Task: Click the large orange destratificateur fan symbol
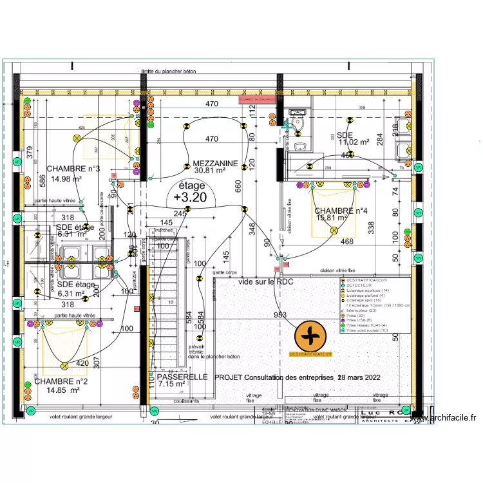coord(311,336)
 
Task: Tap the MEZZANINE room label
coord(216,164)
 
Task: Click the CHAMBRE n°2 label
coord(61,381)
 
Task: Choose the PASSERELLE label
coord(182,377)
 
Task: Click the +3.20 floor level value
coord(190,198)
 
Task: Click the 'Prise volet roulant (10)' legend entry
coord(370,330)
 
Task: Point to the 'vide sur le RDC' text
coord(265,282)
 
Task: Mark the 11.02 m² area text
coord(355,142)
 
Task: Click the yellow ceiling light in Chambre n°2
coord(65,366)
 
